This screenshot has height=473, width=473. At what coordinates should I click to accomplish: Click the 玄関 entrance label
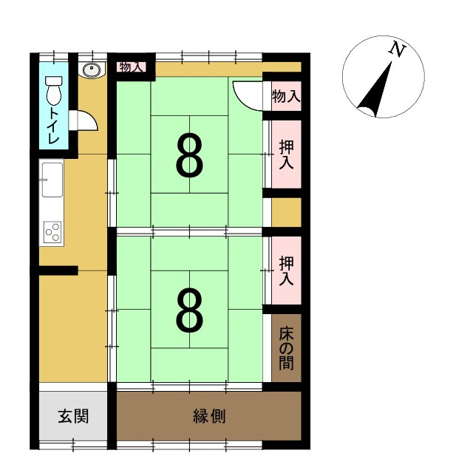73,416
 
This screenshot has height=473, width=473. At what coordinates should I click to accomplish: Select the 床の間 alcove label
286,347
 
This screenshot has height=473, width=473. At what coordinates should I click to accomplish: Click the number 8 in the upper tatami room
189,156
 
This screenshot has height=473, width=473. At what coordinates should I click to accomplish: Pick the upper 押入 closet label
286,154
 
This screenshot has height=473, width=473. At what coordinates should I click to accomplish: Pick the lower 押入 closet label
286,270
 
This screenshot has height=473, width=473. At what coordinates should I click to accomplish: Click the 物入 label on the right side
286,95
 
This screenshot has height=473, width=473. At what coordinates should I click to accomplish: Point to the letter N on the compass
398,50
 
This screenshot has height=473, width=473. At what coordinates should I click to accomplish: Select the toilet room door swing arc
87,120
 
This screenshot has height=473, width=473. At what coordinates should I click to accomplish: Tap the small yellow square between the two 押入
286,212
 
